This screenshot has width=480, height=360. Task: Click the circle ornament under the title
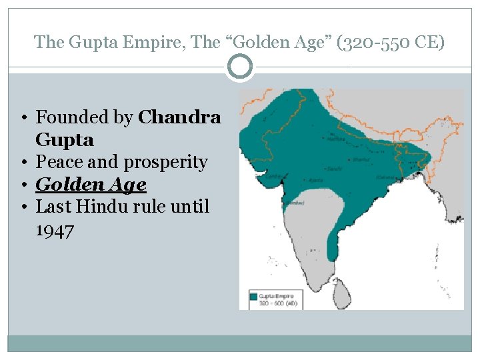tap(240, 67)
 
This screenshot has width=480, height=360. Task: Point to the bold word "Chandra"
tap(179, 117)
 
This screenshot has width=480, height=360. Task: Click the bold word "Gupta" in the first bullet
tap(65, 140)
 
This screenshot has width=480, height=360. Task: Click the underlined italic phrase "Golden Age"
tap(91, 184)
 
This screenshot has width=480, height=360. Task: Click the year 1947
tap(55, 230)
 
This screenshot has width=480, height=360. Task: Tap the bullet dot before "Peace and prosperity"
tap(23, 162)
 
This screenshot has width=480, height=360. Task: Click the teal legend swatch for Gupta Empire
tap(254, 295)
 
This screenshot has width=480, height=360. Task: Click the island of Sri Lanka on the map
tap(341, 288)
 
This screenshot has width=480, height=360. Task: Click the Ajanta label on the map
tap(311, 180)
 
